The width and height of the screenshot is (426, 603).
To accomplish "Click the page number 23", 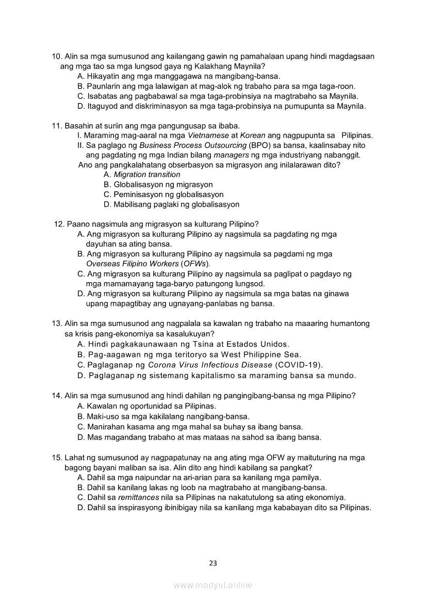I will (213, 563).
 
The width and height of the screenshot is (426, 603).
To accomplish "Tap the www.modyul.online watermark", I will (213, 585).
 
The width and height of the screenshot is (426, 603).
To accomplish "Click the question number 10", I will (57, 56).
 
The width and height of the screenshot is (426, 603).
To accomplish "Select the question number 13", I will (57, 324).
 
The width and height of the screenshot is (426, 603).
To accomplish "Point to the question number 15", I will (57, 458).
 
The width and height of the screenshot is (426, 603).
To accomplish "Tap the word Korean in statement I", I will (253, 136).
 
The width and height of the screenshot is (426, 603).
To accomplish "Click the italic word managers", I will (231, 155).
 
